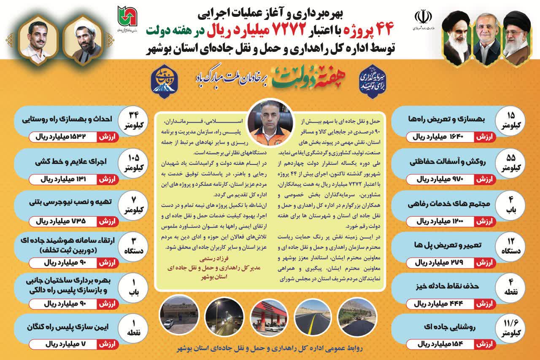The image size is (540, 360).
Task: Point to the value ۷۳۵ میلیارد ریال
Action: coord(63,220)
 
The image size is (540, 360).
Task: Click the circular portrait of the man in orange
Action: coord(270,119)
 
